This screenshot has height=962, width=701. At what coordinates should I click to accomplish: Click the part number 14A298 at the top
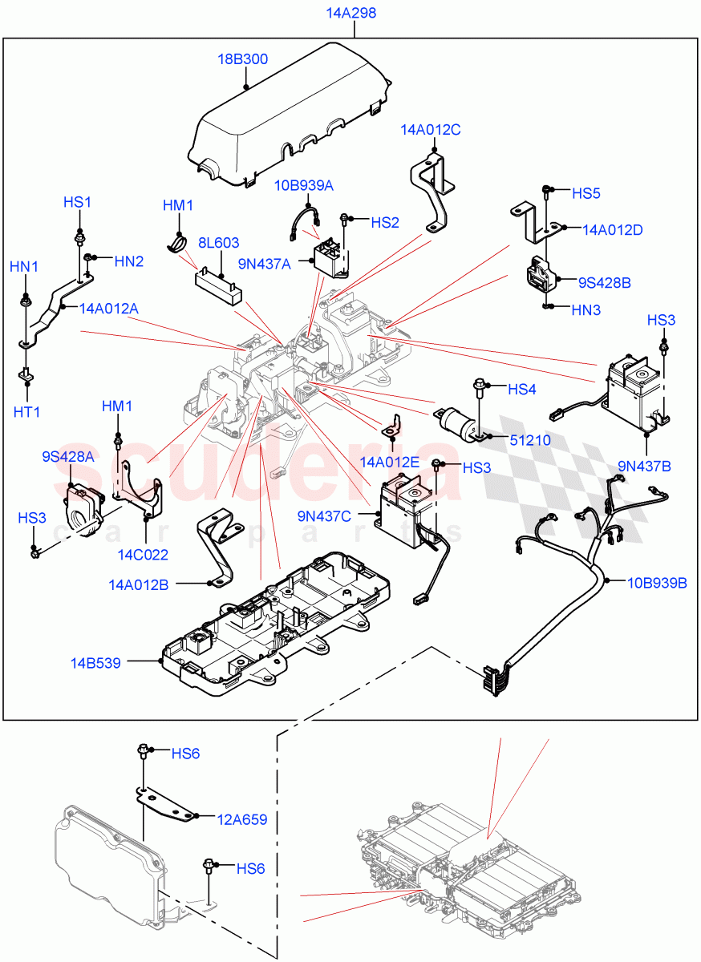tap(350, 13)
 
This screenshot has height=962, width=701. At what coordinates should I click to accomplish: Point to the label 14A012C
tap(431, 129)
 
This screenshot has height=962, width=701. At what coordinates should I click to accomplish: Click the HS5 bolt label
tap(586, 193)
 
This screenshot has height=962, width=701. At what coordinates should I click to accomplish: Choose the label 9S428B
tap(604, 282)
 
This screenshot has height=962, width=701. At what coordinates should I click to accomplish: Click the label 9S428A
tap(68, 457)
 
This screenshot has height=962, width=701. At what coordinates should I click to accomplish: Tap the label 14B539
tap(95, 662)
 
